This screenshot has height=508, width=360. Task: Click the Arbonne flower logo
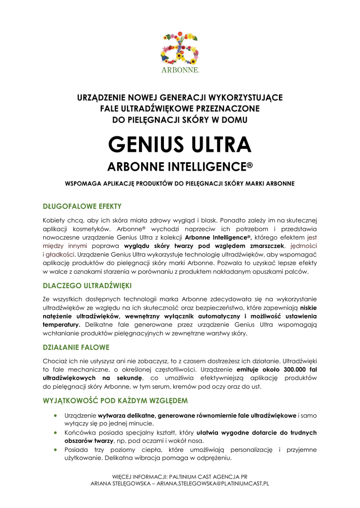(x=179, y=48)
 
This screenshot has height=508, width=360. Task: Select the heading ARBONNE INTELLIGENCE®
(x=180, y=167)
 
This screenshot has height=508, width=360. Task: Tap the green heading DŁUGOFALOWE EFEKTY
(x=82, y=206)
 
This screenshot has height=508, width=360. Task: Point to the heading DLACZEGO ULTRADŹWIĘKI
(x=87, y=286)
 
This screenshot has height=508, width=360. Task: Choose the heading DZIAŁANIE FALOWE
(x=76, y=347)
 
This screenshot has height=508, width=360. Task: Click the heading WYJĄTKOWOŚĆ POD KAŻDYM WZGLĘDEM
(x=115, y=400)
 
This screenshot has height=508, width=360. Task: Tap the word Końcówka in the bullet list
(x=80, y=433)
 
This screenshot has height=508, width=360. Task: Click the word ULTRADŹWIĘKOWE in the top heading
(x=157, y=109)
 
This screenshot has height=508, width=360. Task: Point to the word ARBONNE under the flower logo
(x=179, y=70)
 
